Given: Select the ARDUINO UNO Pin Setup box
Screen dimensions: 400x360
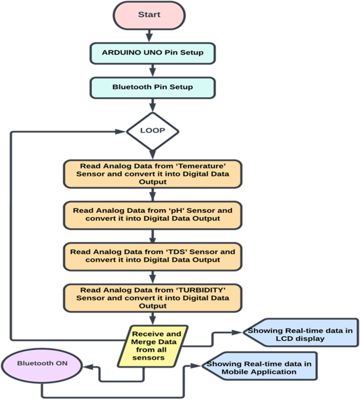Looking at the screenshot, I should coord(152,53).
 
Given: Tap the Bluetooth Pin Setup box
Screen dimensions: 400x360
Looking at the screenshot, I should coord(152,87).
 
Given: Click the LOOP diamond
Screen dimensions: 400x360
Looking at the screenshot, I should coord(152,130).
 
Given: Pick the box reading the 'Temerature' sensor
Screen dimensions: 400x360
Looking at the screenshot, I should coord(152,173).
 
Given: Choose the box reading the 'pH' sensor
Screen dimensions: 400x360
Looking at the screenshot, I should coord(152,214).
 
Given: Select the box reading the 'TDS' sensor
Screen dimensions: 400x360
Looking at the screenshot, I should coord(152,255).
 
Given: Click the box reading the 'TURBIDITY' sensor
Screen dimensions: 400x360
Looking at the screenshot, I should coord(152,298).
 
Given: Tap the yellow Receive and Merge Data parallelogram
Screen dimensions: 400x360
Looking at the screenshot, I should coord(157,345).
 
